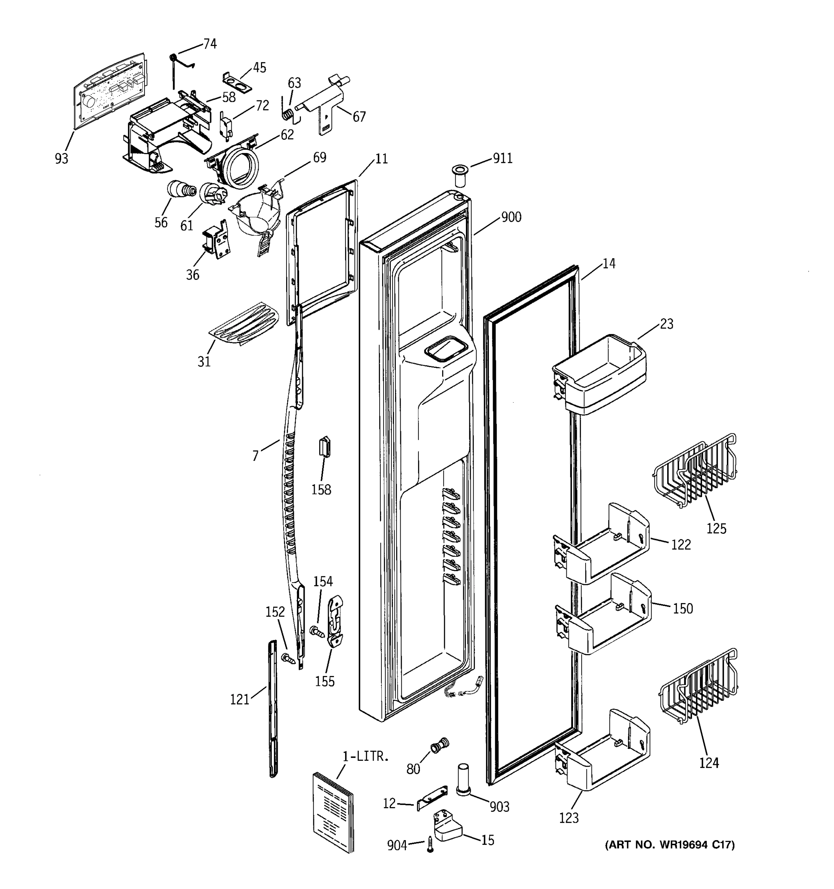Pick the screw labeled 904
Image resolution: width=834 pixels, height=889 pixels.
click(430, 844)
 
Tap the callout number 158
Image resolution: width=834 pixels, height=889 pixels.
click(321, 490)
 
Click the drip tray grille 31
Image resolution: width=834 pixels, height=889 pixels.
click(244, 323)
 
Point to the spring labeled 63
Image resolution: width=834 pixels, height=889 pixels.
click(289, 114)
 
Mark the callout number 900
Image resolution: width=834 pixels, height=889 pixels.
click(511, 217)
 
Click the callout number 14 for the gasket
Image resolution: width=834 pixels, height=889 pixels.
click(609, 264)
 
